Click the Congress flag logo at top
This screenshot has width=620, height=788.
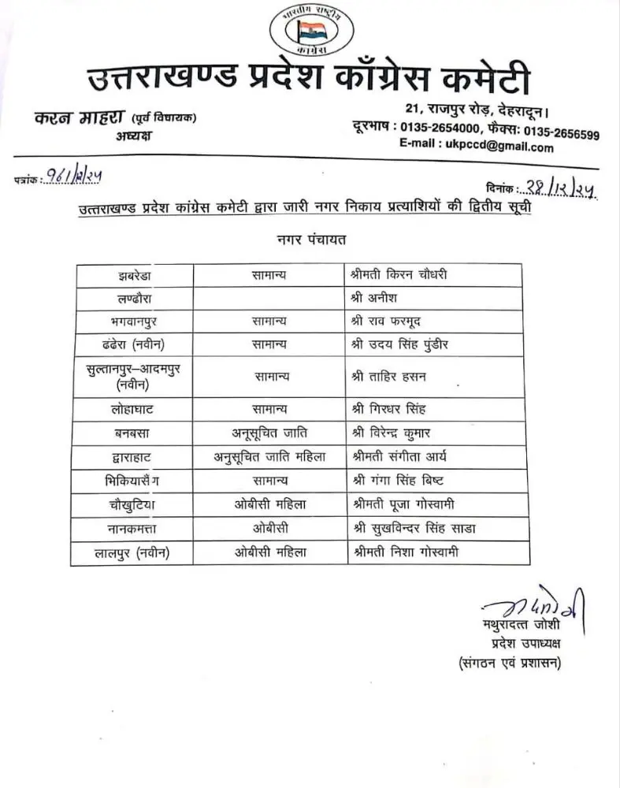pos(310,34)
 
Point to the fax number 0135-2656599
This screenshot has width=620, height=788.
pos(559,133)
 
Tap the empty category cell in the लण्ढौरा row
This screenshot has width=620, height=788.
pos(270,298)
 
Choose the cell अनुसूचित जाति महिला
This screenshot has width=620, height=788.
pos(270,456)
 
